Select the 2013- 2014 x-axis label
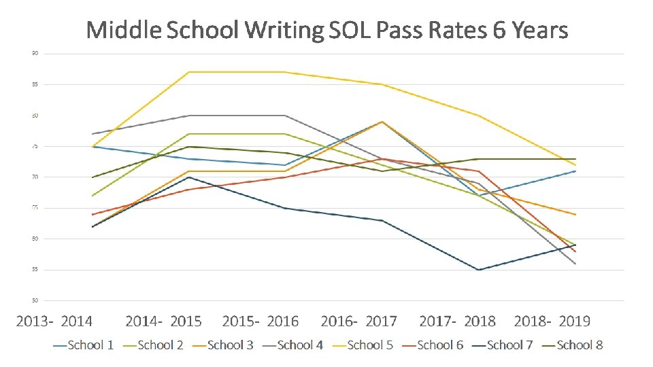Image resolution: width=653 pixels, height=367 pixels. [54, 321]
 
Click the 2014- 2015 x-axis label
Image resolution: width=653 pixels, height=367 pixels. [164, 321]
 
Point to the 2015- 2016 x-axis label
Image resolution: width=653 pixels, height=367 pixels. [261, 321]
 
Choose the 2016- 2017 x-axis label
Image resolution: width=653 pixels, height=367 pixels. [359, 321]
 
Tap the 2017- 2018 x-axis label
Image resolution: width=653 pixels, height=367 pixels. [458, 321]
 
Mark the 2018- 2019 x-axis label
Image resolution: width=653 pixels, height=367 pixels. [552, 321]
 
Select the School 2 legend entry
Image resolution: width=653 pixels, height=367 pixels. [153, 345]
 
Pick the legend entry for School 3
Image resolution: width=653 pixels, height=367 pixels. [223, 345]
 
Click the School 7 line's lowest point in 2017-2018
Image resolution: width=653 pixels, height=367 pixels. [479, 270]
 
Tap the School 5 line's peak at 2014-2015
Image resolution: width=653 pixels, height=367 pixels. [188, 72]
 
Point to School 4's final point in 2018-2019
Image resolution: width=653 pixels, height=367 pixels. [575, 264]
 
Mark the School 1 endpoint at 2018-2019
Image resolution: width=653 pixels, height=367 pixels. [575, 171]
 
